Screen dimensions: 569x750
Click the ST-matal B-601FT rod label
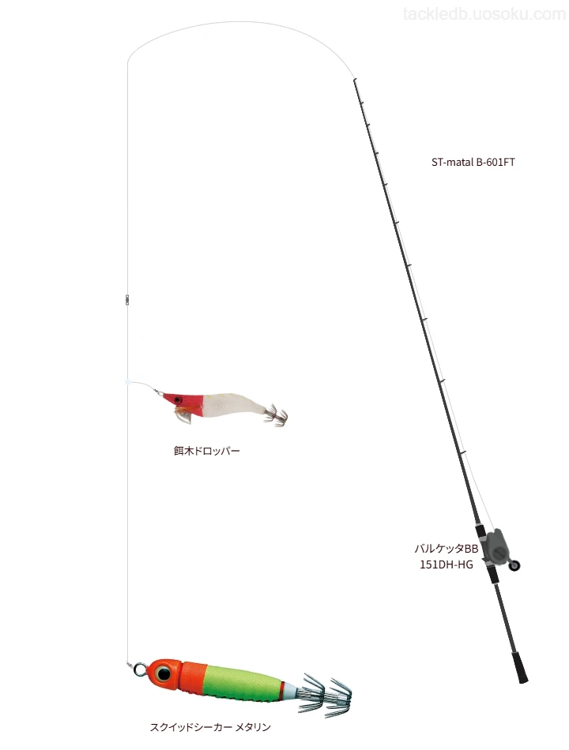473,162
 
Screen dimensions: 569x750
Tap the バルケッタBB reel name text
446,549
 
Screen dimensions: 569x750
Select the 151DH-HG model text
446,565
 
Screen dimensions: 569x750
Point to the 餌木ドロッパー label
206,451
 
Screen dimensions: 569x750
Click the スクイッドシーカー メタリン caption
210,728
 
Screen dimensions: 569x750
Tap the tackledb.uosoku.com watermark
484,14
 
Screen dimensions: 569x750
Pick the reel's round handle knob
515,566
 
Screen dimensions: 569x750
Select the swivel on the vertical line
127,299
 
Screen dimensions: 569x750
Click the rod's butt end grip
521,667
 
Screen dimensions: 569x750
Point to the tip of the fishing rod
354,79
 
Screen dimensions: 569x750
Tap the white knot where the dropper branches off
127,383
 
